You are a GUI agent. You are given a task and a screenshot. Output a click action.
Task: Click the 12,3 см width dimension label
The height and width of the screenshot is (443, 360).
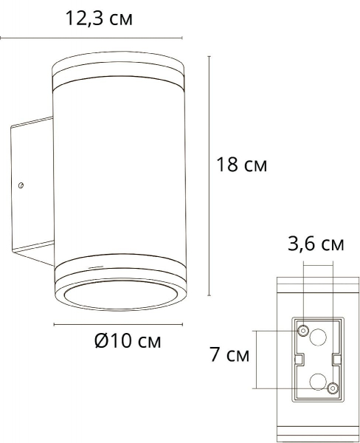point(99,19)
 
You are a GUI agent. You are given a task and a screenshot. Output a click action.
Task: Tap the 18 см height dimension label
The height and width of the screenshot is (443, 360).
point(241,165)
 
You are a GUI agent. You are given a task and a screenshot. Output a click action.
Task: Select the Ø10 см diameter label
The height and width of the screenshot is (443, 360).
point(128,340)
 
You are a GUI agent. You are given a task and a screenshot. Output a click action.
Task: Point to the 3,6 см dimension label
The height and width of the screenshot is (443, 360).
point(316,244)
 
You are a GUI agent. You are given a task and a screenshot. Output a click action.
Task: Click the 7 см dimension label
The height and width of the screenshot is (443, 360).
point(229,354)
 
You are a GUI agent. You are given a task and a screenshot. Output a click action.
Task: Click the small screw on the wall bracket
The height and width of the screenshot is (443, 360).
point(21,185)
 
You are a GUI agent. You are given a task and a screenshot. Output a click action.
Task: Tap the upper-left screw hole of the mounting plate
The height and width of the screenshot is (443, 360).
point(303,330)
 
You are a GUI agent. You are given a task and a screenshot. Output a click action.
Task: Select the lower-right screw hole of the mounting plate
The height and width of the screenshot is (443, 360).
point(333,388)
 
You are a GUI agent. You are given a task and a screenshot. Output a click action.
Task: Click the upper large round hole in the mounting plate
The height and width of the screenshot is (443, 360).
point(318,337)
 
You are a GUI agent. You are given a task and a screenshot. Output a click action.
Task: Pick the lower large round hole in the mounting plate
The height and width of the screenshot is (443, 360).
point(318,382)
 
